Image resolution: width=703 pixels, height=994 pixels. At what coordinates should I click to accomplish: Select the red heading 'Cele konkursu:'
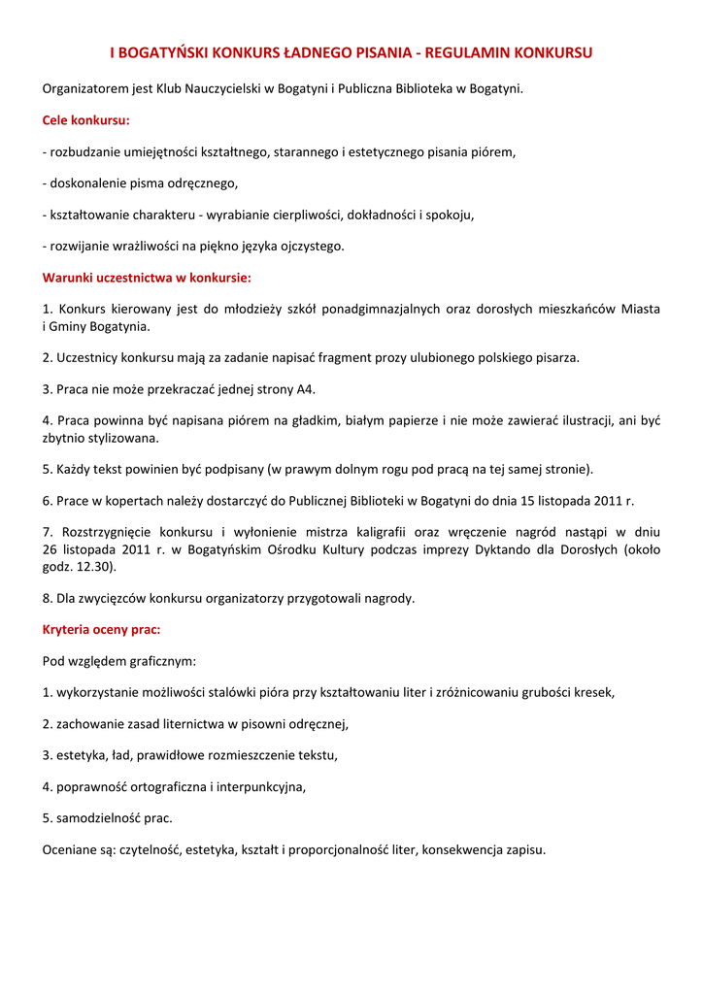[86, 121]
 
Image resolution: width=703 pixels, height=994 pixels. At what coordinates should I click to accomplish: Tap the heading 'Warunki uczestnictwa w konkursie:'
[147, 278]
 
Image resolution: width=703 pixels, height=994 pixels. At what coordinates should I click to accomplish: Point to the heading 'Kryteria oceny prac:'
[101, 629]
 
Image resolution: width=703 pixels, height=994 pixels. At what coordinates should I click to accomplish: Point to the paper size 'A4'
[306, 389]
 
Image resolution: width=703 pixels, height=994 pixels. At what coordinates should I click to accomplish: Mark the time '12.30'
[94, 566]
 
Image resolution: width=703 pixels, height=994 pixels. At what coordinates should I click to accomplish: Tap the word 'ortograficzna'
[162, 786]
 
